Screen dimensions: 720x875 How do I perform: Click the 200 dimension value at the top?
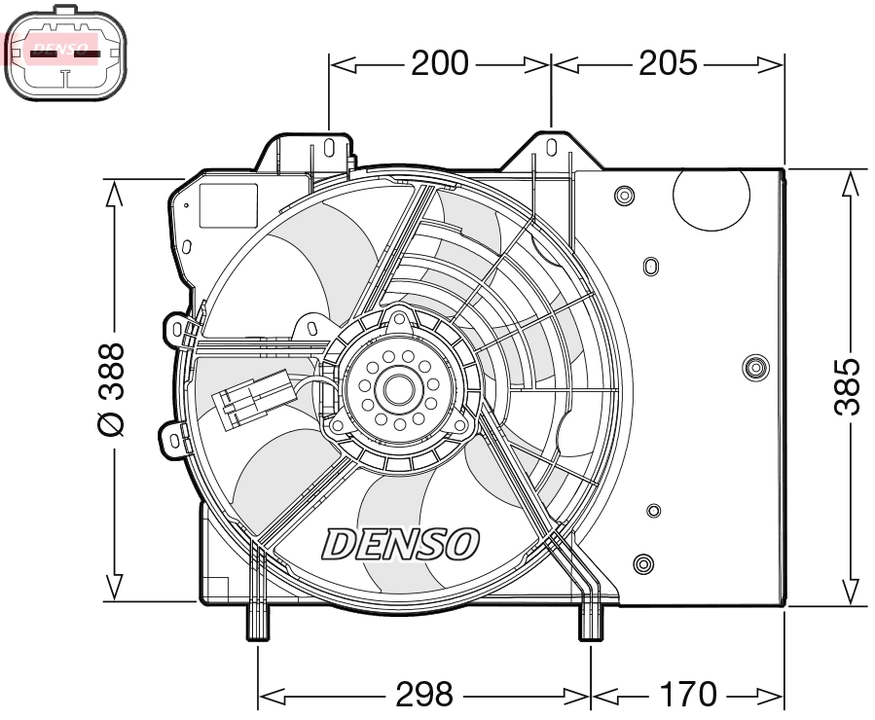(439, 64)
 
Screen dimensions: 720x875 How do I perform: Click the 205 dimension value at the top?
(669, 64)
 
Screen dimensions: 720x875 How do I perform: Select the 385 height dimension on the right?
(849, 386)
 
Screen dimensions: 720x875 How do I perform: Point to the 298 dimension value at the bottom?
(424, 695)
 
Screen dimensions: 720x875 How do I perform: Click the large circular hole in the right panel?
(712, 198)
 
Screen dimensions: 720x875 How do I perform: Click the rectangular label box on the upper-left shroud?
(228, 205)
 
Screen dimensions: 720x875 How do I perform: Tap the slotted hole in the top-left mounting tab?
(329, 147)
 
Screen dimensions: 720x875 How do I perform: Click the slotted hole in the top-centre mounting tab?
(551, 148)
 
